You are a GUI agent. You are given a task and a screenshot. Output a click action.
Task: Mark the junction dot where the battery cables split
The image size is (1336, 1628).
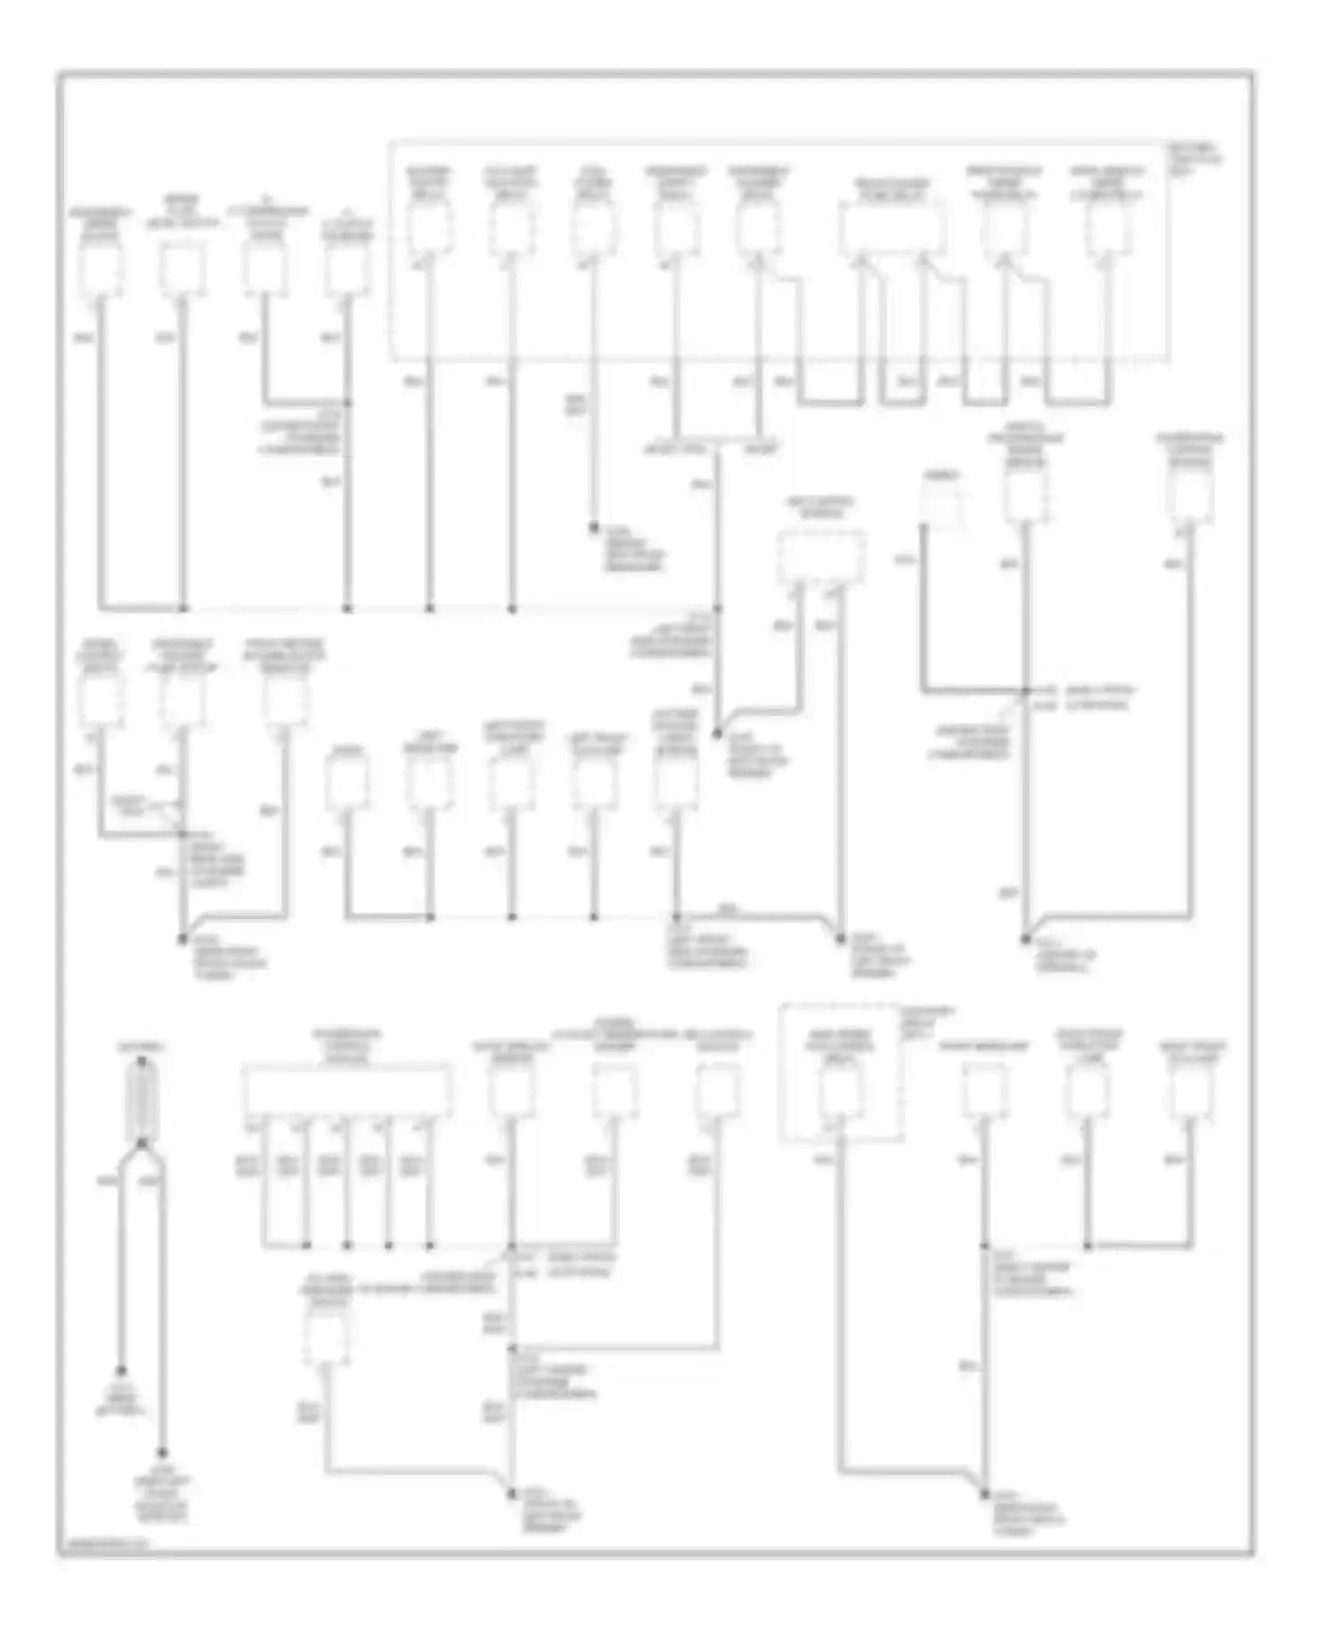tap(142, 1143)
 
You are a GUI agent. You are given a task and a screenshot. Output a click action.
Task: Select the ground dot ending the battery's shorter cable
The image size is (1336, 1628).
tap(121, 1371)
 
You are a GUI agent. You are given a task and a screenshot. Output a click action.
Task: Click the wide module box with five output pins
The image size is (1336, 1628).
tap(346, 1091)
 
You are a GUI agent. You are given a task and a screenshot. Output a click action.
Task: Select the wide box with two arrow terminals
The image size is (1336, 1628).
tap(892, 227)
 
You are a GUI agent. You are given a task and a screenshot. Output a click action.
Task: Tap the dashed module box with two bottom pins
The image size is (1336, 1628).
tap(821, 557)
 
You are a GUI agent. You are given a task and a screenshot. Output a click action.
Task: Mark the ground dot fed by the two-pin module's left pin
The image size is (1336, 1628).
tap(718, 734)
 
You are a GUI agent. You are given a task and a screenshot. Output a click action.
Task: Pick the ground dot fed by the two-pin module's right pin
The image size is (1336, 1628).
tap(840, 938)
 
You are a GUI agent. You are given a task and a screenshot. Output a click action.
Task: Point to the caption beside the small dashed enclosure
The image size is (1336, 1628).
tap(931, 1026)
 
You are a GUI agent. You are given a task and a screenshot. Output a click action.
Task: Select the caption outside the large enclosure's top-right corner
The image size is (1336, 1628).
tap(1197, 159)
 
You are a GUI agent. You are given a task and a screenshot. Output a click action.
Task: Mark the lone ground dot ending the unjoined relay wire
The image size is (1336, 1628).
tap(593, 528)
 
